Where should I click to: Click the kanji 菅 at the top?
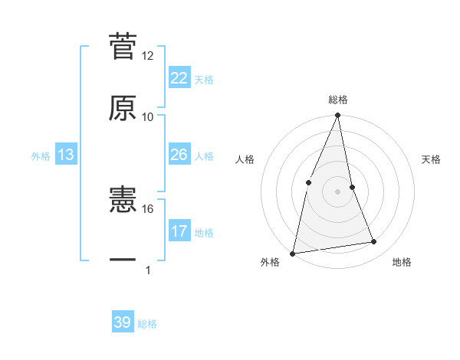[123, 45]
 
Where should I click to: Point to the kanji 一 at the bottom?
[123, 260]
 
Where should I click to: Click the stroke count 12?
[148, 56]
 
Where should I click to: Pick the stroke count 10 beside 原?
[148, 117]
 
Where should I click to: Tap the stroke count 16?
[148, 208]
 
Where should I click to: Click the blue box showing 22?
[179, 78]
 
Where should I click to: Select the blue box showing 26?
[179, 155]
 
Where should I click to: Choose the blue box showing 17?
[179, 231]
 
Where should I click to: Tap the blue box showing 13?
[66, 155]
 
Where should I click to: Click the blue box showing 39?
[123, 322]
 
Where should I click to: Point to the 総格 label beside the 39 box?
[147, 324]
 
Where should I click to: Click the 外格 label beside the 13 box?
[41, 156]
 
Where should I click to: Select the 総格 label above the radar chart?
[338, 100]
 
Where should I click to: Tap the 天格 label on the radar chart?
[432, 160]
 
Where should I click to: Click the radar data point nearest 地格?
[374, 242]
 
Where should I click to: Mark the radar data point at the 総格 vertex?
[338, 116]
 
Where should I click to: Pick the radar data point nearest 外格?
[292, 253]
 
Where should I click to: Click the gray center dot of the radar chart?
[338, 191]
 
